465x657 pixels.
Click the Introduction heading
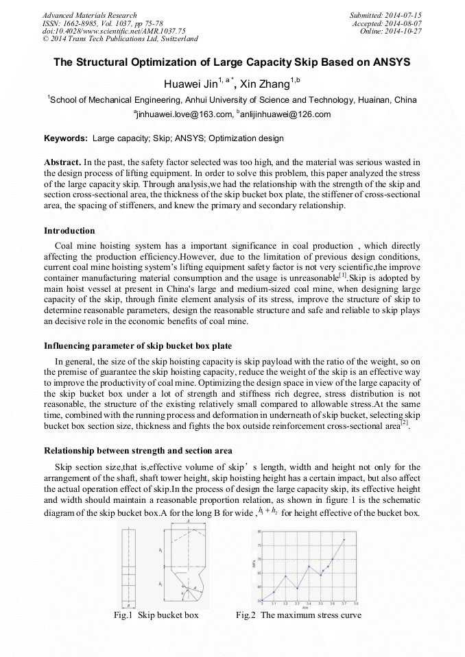pyautogui.click(x=69, y=230)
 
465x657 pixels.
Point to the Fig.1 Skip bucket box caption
pyautogui.click(x=156, y=615)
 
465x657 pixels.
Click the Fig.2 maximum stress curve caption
pyautogui.click(x=298, y=615)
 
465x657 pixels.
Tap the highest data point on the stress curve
pyautogui.click(x=344, y=540)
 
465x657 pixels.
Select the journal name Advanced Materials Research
pyautogui.click(x=89, y=15)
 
